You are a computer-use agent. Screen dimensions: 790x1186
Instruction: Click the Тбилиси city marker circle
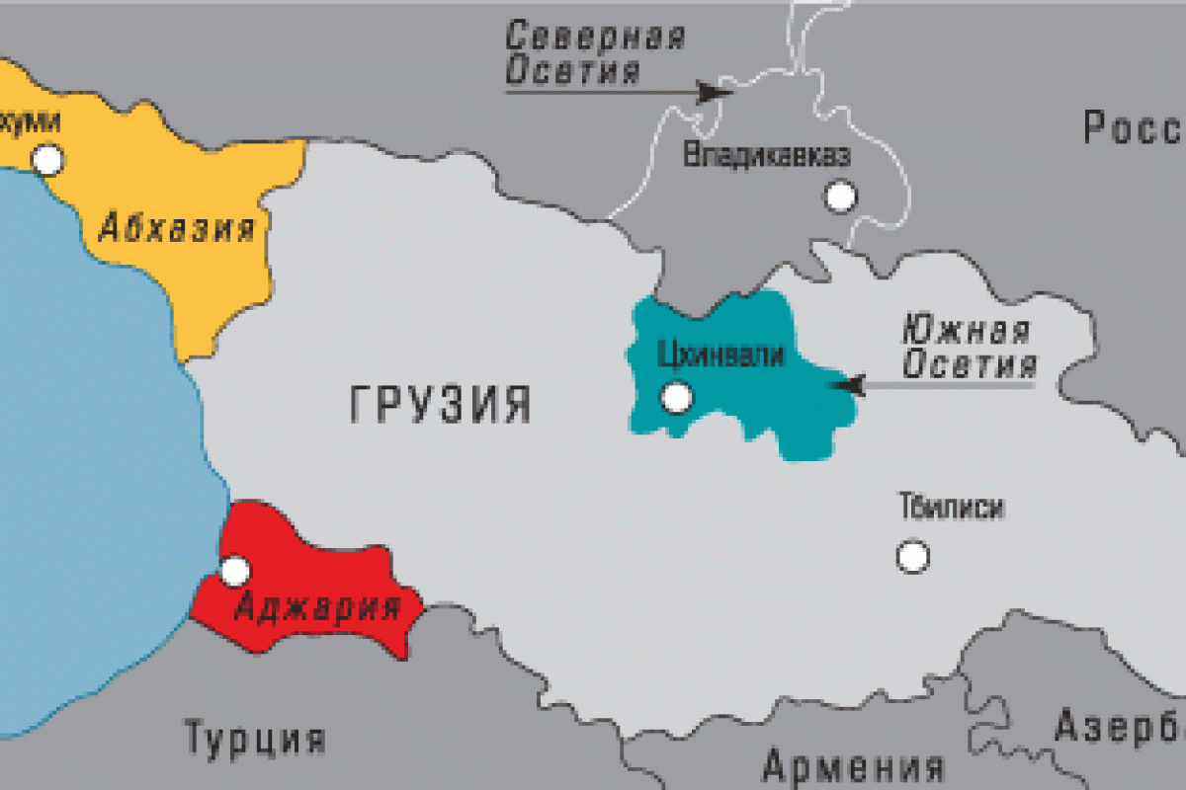(912, 556)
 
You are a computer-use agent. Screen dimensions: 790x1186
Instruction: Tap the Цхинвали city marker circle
(677, 398)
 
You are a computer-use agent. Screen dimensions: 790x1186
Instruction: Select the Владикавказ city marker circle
(841, 197)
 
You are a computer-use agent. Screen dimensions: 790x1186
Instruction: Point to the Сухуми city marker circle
(46, 159)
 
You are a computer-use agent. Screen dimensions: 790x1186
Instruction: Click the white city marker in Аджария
(235, 570)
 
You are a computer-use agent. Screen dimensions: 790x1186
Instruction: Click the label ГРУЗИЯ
(441, 405)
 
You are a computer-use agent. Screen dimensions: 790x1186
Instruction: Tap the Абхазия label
(177, 229)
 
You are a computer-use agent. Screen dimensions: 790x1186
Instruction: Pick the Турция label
(255, 737)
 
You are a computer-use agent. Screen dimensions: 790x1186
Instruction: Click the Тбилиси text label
(952, 508)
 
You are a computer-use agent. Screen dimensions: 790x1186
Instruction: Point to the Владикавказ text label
(766, 155)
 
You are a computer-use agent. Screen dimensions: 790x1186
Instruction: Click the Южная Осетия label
(969, 347)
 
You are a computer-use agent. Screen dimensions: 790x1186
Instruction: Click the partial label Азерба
(1119, 726)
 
